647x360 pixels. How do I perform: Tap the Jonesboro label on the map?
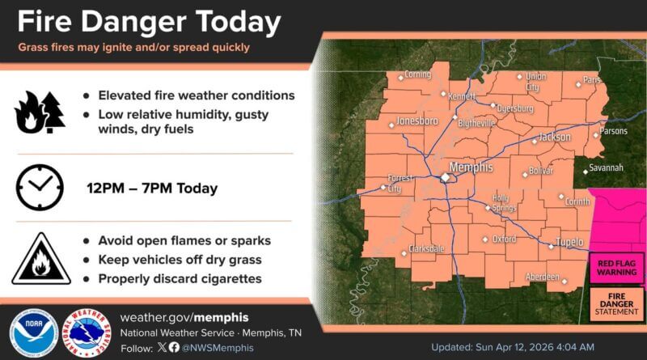[x=417, y=121]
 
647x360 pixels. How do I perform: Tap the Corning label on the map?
[x=417, y=74]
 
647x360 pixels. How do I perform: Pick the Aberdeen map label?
[x=543, y=277]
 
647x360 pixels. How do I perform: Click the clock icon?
[x=39, y=188]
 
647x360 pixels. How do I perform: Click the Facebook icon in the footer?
[x=173, y=347]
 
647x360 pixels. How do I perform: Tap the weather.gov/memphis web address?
[x=184, y=316]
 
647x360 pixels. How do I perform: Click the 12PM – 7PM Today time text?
[x=152, y=188]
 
